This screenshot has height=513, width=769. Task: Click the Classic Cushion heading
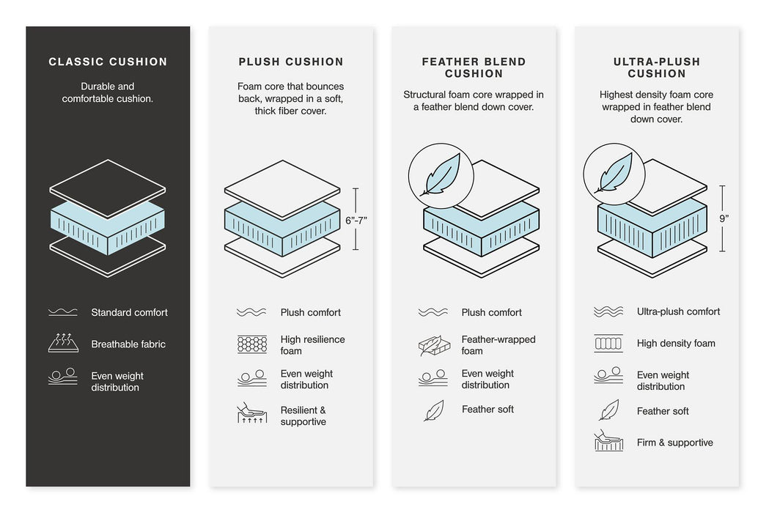point(108,62)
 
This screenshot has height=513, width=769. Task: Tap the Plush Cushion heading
point(290,62)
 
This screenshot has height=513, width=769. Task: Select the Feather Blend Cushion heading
point(474,67)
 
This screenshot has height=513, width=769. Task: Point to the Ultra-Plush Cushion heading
point(656,67)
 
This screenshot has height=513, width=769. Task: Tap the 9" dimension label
point(724,218)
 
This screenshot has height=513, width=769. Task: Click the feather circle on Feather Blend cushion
point(441,176)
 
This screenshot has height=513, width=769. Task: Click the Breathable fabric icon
point(62,343)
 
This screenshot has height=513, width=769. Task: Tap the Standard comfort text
point(129,312)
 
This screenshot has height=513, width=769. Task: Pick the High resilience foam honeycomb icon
point(251,344)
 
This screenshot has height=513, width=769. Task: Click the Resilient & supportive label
point(303,416)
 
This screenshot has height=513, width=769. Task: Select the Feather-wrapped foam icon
point(433,345)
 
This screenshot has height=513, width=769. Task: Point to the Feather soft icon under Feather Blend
point(433,410)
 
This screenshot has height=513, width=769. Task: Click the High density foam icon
point(608,343)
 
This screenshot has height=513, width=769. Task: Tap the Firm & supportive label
point(674,443)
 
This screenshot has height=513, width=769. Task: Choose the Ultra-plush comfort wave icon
point(608,311)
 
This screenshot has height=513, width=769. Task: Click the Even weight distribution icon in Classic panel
point(62,377)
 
